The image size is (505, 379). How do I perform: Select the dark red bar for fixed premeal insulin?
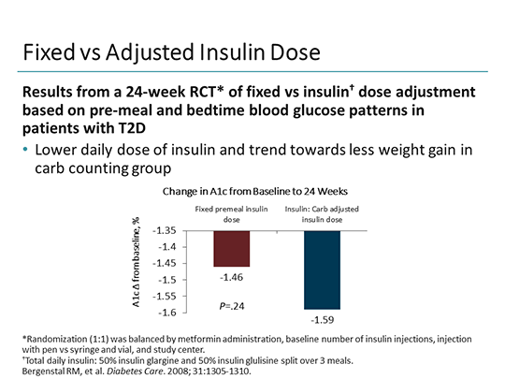click(x=232, y=248)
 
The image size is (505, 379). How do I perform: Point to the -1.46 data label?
click(x=232, y=278)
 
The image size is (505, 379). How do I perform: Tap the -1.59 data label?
click(x=321, y=319)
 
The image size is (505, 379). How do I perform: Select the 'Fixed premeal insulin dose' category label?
click(x=231, y=212)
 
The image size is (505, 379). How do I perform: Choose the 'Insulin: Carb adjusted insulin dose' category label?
click(x=322, y=212)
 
